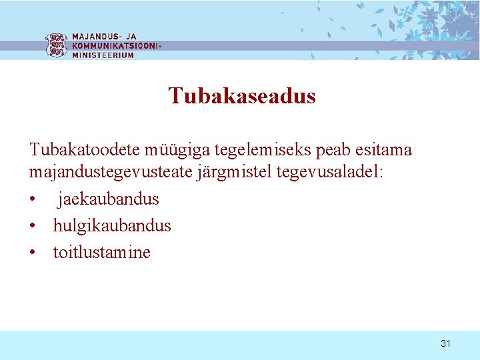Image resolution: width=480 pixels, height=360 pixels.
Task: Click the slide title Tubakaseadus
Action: (x=242, y=96)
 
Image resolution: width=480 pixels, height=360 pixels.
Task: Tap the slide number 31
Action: (x=446, y=343)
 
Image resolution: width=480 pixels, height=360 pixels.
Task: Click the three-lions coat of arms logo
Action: (x=57, y=45)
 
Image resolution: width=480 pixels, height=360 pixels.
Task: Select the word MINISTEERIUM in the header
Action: (x=103, y=55)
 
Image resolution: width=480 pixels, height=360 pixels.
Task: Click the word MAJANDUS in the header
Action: (x=93, y=37)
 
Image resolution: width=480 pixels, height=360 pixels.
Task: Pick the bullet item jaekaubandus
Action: (x=108, y=199)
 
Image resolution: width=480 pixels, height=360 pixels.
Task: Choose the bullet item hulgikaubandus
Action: (x=112, y=225)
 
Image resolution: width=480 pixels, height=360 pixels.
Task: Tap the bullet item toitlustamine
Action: (x=102, y=252)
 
